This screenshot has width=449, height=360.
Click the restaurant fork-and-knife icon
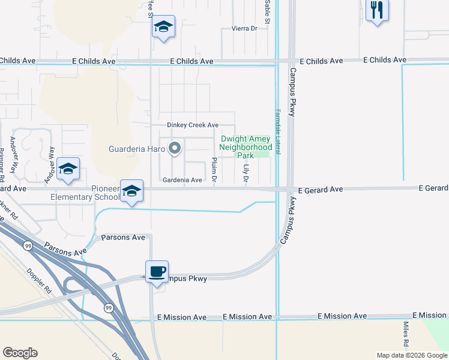pyautogui.click(x=377, y=10)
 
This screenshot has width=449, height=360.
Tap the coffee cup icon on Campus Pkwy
pyautogui.click(x=157, y=272)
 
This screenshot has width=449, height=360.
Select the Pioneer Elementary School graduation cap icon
pyautogui.click(x=131, y=191)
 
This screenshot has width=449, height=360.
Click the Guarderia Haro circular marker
pyautogui.click(x=175, y=148)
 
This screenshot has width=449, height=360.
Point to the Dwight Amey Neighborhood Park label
pyautogui.click(x=246, y=146)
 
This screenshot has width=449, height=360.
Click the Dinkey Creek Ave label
pyautogui.click(x=192, y=125)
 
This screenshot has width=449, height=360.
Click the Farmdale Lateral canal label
pyautogui.click(x=278, y=131)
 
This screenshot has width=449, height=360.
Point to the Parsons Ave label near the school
pyautogui.click(x=123, y=238)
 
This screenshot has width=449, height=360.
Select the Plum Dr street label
pyautogui.click(x=214, y=169)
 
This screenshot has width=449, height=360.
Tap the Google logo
pyautogui.click(x=20, y=353)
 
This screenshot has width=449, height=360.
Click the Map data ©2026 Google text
pyautogui.click(x=411, y=355)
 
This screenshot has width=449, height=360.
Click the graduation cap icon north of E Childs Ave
pyautogui.click(x=163, y=27)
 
